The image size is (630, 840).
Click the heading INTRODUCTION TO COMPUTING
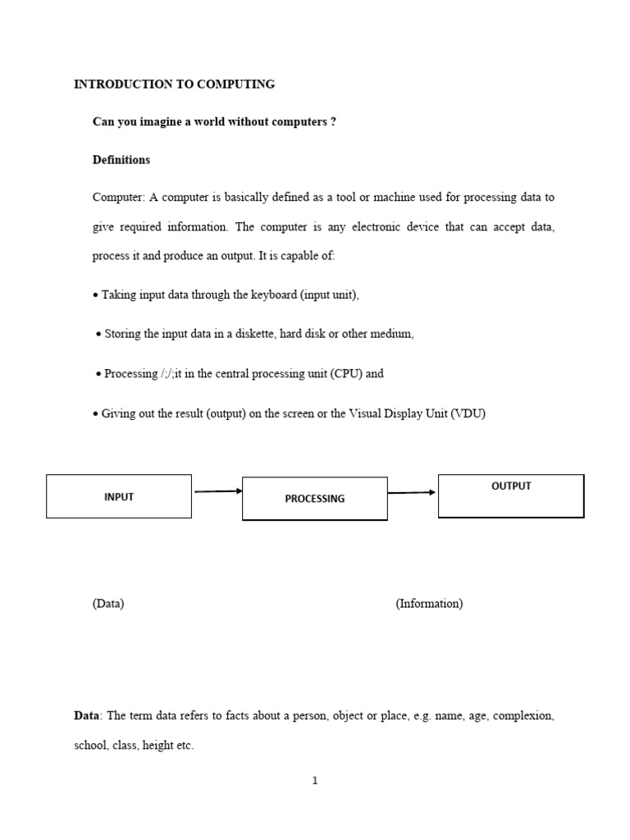pyautogui.click(x=174, y=84)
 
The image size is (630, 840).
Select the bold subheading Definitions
pyautogui.click(x=121, y=160)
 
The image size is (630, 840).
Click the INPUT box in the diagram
pyautogui.click(x=119, y=496)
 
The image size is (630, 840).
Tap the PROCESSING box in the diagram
pyautogui.click(x=314, y=498)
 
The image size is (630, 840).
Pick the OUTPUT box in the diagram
pyautogui.click(x=511, y=495)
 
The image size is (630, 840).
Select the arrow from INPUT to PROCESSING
pyautogui.click(x=217, y=491)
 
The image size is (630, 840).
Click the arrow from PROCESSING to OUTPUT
pyautogui.click(x=412, y=493)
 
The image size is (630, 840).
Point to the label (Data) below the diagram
pyautogui.click(x=108, y=604)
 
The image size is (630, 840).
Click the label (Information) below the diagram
pyautogui.click(x=429, y=604)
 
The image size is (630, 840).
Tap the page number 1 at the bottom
pyautogui.click(x=315, y=781)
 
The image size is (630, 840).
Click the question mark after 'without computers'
pyautogui.click(x=333, y=122)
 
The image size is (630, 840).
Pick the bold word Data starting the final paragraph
pyautogui.click(x=86, y=716)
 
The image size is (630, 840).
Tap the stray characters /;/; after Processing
pyautogui.click(x=172, y=373)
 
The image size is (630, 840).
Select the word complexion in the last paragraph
pyautogui.click(x=524, y=716)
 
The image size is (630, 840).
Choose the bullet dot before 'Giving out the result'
pyautogui.click(x=95, y=414)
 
